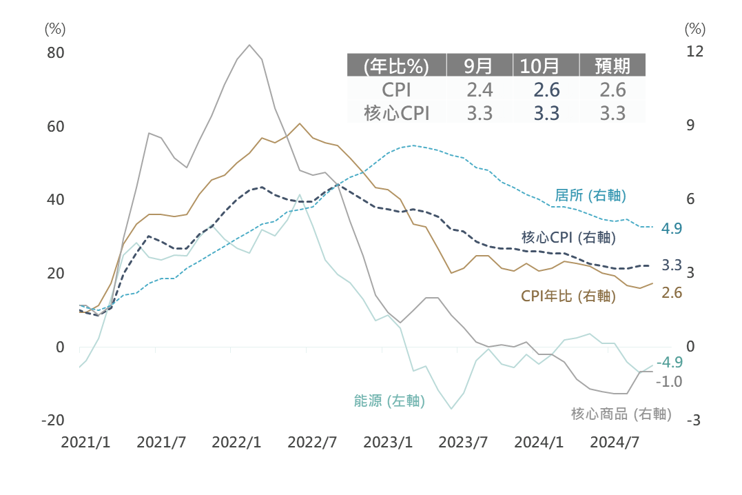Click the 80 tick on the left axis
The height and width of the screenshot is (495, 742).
click(55, 53)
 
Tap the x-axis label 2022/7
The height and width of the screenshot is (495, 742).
click(311, 442)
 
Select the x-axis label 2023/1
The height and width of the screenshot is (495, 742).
click(387, 442)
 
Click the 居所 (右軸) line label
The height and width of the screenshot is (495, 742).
click(590, 195)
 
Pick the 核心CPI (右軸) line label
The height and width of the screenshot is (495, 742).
click(568, 238)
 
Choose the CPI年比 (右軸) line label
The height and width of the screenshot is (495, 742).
click(568, 296)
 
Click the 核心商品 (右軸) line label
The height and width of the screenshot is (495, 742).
click(621, 414)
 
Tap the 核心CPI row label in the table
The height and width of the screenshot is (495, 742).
click(396, 113)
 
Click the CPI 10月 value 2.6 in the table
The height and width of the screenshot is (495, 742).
click(546, 90)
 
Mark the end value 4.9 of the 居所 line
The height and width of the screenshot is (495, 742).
click(671, 228)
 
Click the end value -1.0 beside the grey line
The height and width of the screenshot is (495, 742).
click(669, 381)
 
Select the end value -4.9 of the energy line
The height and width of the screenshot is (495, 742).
click(669, 363)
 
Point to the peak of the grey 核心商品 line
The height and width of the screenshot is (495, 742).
click(249, 45)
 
